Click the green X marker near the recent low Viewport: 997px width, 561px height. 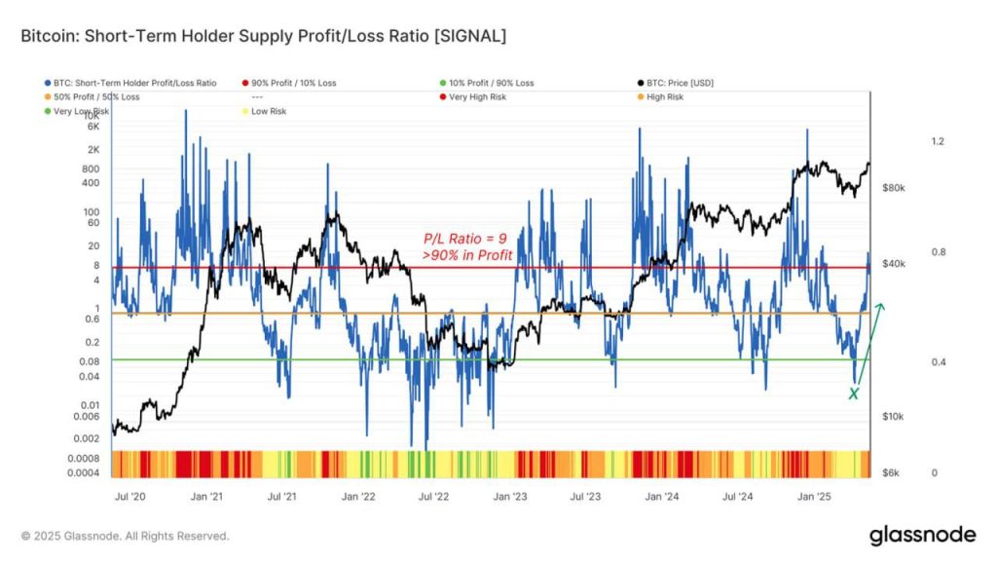tap(854, 393)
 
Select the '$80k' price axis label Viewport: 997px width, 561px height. tap(895, 187)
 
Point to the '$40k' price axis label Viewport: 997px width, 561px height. tap(895, 264)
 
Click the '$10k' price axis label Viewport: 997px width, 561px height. tap(895, 417)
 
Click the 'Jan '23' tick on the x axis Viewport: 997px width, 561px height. tap(510, 497)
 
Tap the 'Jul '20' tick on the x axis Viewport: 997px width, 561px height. tap(130, 497)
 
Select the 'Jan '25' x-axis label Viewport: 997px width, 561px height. tap(814, 497)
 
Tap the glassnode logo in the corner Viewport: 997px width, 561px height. tap(922, 535)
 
